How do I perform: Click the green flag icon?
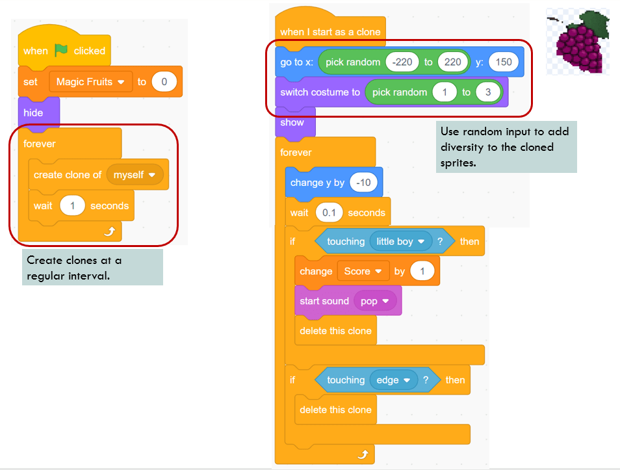pyautogui.click(x=61, y=50)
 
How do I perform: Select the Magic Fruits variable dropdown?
pyautogui.click(x=90, y=82)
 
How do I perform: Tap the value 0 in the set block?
pyautogui.click(x=164, y=82)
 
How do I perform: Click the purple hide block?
pyautogui.click(x=34, y=112)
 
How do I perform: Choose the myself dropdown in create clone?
pyautogui.click(x=135, y=175)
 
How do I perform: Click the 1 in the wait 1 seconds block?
pyautogui.click(x=73, y=206)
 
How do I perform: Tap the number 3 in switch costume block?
pyautogui.click(x=488, y=92)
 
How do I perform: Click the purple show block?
pyautogui.click(x=292, y=122)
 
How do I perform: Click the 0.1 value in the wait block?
pyautogui.click(x=329, y=213)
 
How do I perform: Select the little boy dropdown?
pyautogui.click(x=400, y=242)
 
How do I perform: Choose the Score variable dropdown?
pyautogui.click(x=362, y=272)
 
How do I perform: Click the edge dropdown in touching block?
pyautogui.click(x=393, y=380)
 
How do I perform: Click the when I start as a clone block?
pyautogui.click(x=330, y=32)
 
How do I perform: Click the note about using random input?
pyautogui.click(x=505, y=147)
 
